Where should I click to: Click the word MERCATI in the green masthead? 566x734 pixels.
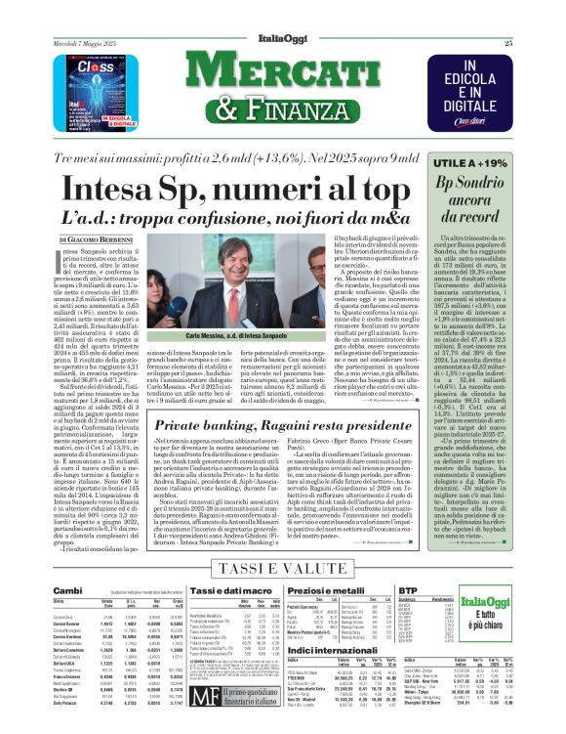point(281,77)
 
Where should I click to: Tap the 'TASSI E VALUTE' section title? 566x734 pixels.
point(281,570)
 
